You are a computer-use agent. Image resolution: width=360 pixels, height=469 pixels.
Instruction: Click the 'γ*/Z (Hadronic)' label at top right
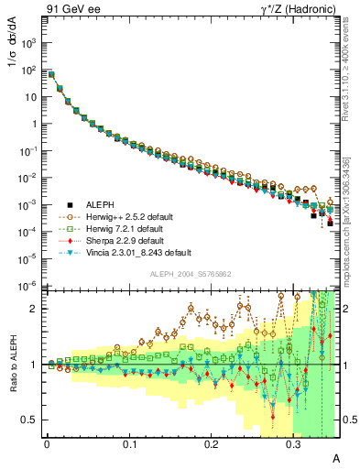click(294, 11)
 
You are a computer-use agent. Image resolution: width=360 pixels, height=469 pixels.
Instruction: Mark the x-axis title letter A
click(335, 457)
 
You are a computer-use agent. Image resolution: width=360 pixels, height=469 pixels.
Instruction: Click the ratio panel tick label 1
click(36, 365)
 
